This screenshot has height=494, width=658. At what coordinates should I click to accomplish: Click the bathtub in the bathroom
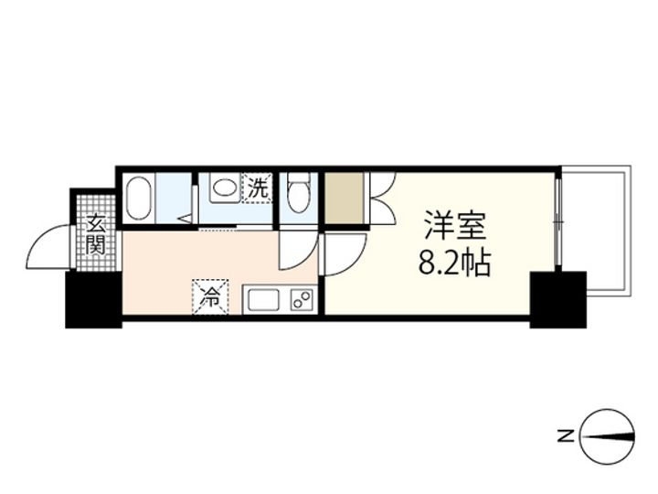pyautogui.click(x=138, y=198)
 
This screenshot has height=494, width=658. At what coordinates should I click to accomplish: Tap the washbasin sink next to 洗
pyautogui.click(x=222, y=189)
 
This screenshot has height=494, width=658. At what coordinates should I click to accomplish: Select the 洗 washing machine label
pyautogui.click(x=257, y=189)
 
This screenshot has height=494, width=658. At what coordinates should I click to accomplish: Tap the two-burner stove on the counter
pyautogui.click(x=301, y=300)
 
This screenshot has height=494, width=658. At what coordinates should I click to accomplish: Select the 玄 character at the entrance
pyautogui.click(x=96, y=223)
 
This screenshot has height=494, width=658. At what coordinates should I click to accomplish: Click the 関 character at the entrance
pyautogui.click(x=96, y=244)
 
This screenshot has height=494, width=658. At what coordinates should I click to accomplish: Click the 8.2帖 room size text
pyautogui.click(x=455, y=263)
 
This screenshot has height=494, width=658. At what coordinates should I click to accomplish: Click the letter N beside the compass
pyautogui.click(x=568, y=436)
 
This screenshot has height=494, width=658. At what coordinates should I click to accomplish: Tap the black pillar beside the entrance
pyautogui.click(x=92, y=300)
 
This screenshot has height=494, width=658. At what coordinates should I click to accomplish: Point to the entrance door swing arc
pyautogui.click(x=49, y=249)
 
